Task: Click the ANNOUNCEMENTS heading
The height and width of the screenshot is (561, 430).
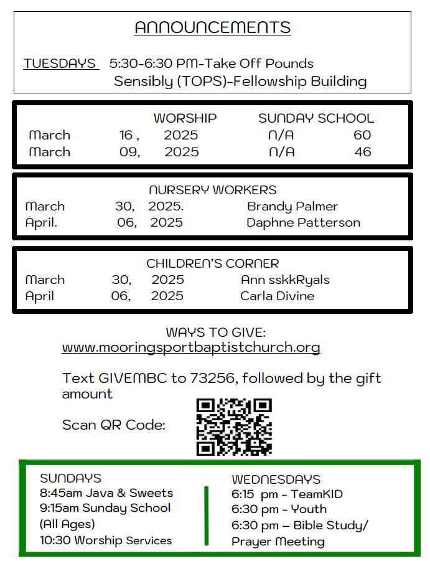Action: (x=212, y=27)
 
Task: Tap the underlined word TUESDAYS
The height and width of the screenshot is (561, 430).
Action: (x=60, y=64)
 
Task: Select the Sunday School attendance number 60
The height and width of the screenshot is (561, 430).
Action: (x=362, y=135)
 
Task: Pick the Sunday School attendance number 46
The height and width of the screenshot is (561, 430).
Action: (x=362, y=152)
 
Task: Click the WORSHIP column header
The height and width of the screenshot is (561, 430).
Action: (x=185, y=118)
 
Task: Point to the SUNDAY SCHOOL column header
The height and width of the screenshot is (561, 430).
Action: (x=316, y=118)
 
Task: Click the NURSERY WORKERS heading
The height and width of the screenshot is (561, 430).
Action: (x=212, y=190)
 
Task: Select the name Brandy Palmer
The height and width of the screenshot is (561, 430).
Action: (x=292, y=206)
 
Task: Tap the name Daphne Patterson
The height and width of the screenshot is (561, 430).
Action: (x=303, y=222)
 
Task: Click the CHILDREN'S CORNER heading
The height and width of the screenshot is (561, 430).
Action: (x=212, y=263)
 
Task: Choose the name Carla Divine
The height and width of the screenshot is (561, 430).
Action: (x=277, y=296)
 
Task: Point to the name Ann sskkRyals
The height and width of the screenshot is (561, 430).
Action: (x=285, y=280)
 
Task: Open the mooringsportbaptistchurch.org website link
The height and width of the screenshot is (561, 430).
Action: (x=191, y=347)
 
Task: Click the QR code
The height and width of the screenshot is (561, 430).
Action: (x=234, y=427)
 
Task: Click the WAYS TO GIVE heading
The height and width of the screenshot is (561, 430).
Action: (x=215, y=332)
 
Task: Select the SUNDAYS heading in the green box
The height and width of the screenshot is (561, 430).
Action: (x=70, y=478)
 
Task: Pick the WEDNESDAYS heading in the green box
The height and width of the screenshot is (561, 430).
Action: (x=276, y=479)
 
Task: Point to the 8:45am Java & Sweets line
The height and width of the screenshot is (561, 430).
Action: (x=106, y=493)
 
